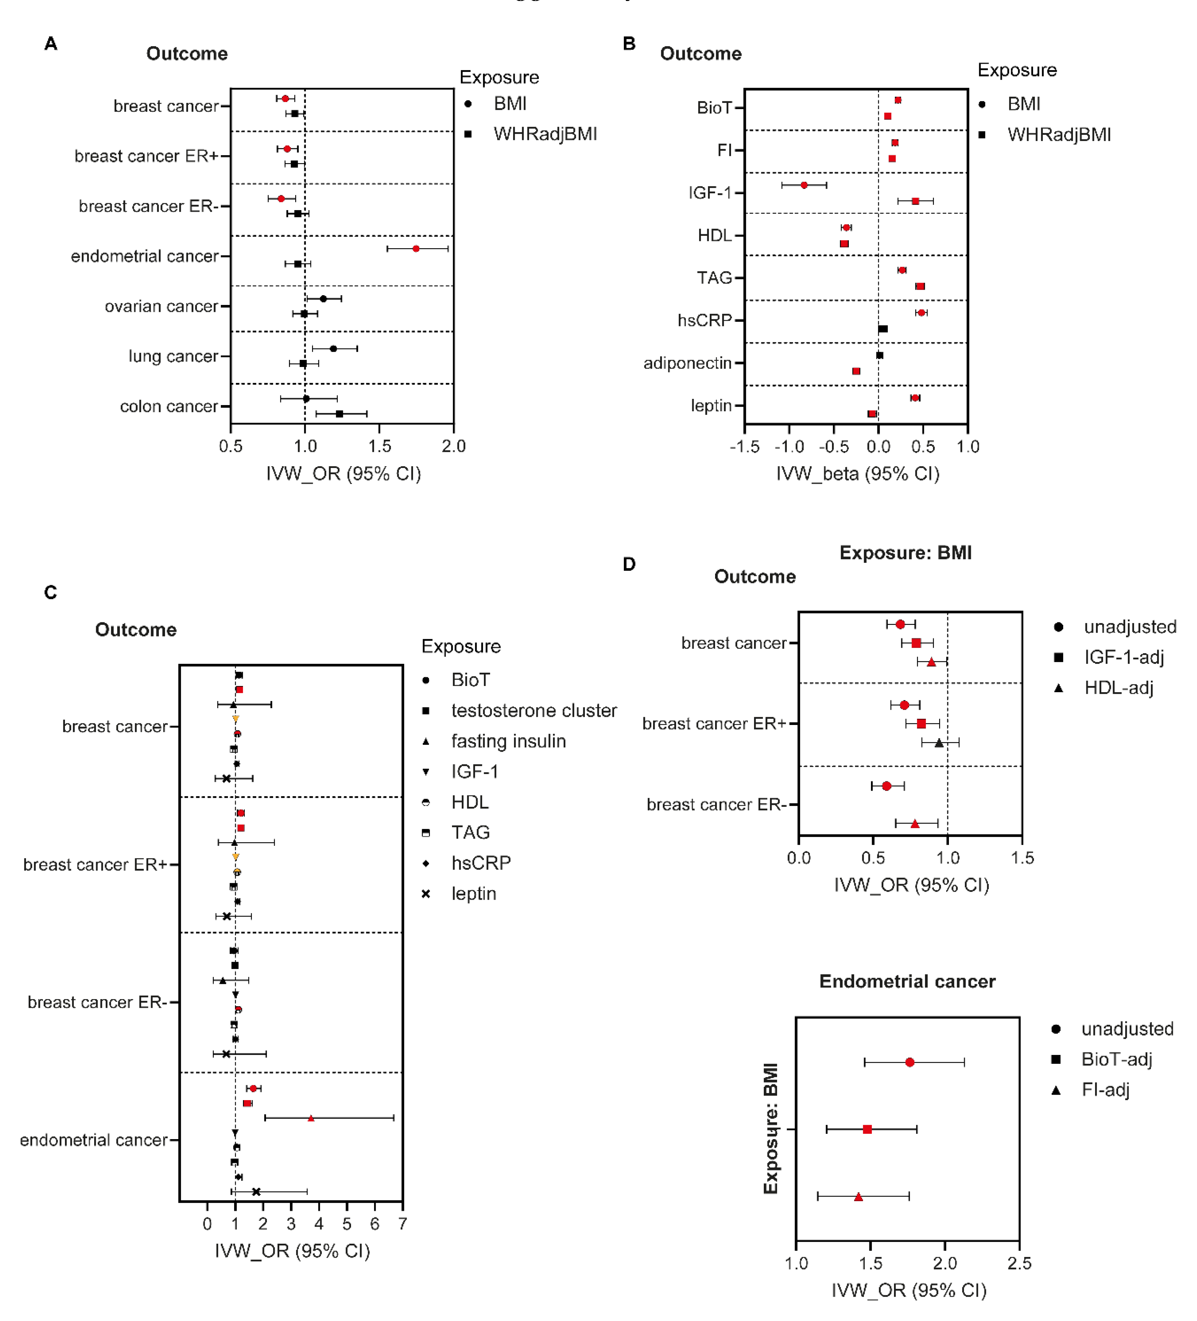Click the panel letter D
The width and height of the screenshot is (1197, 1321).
[x=629, y=564]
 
